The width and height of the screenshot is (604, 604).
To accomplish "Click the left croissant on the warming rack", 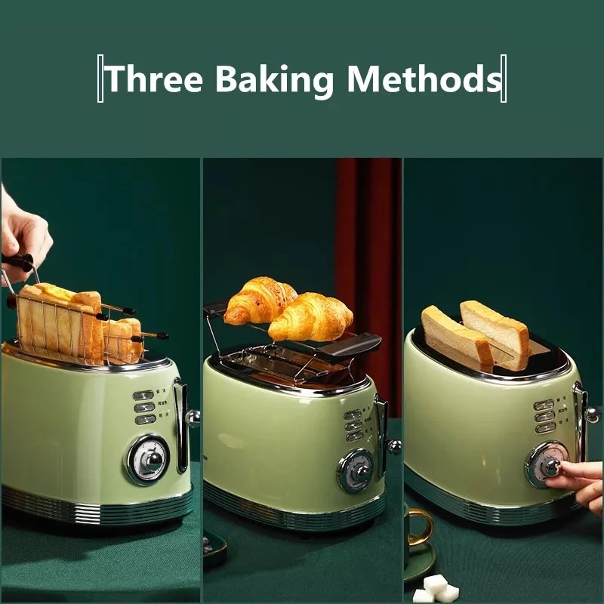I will (x=258, y=300).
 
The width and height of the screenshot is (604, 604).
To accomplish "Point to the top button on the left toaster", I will (x=143, y=395).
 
